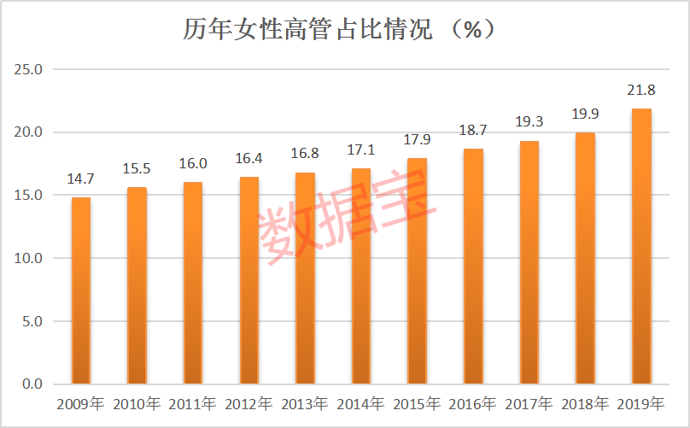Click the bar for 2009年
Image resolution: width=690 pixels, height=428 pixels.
coord(81,290)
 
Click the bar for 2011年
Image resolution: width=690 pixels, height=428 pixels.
coord(193,283)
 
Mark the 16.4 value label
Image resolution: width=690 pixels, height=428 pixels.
coord(249,160)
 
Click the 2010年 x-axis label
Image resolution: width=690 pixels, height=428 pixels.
coord(137,403)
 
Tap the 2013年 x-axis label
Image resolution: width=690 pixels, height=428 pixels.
coord(305,403)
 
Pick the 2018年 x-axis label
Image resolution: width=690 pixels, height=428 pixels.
coord(585,403)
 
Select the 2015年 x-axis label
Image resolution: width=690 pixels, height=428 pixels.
coord(417,403)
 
